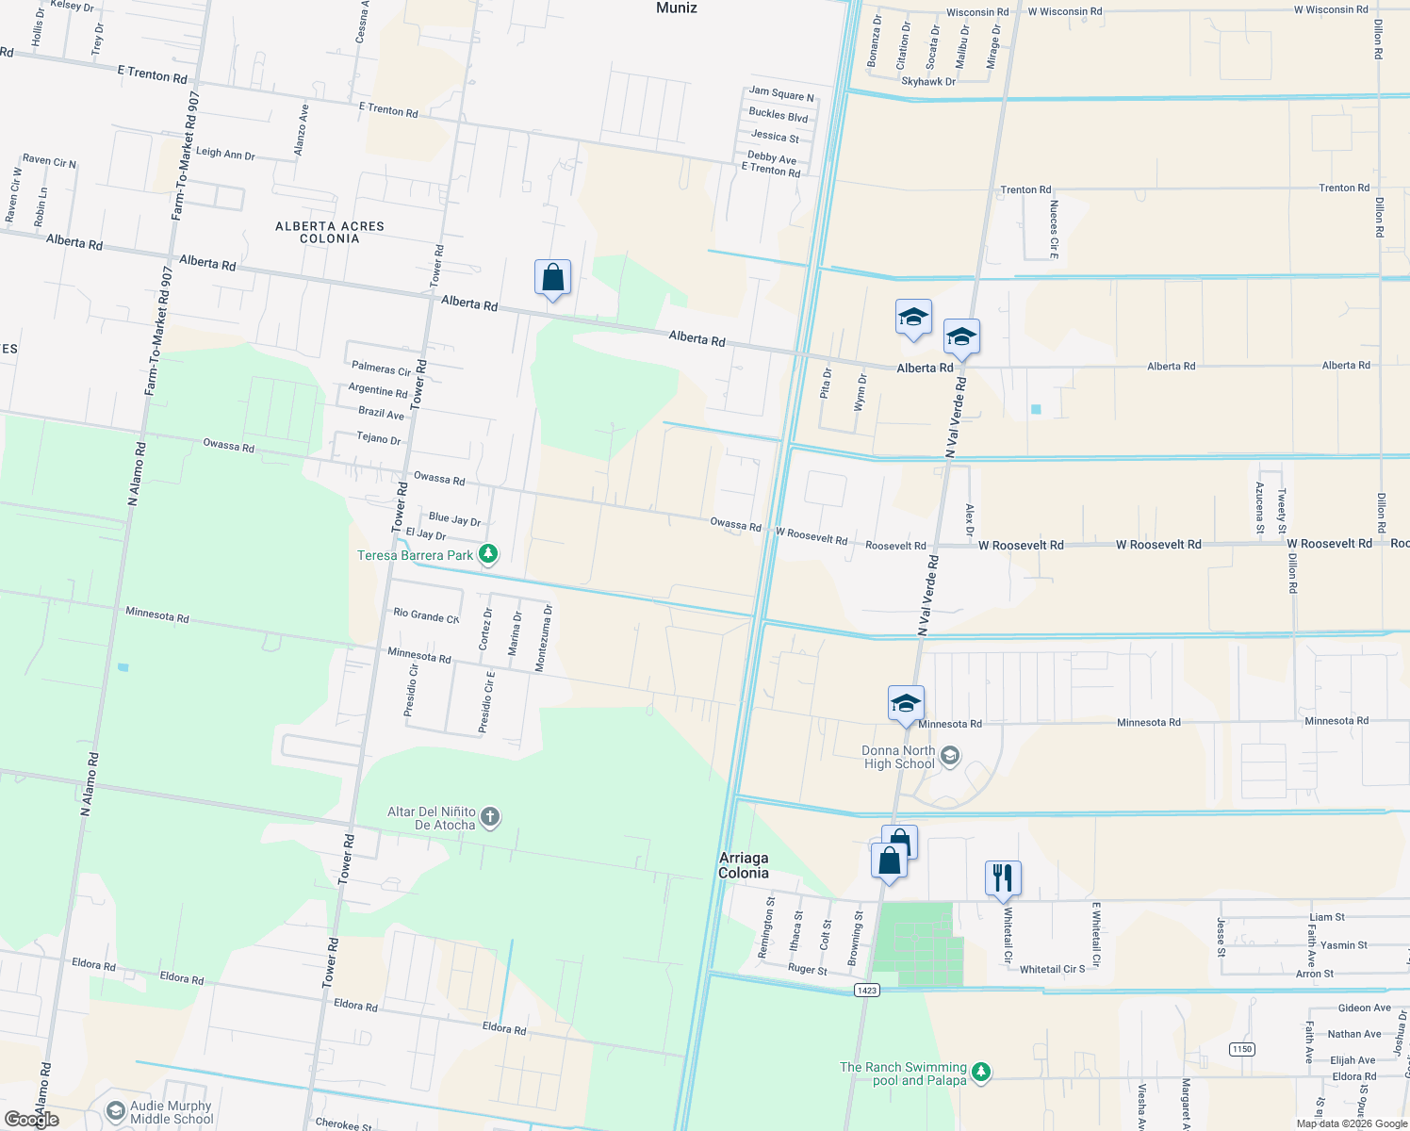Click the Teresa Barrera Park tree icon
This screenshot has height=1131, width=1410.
pyautogui.click(x=488, y=554)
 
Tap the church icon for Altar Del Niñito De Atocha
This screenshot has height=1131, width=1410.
pyautogui.click(x=490, y=817)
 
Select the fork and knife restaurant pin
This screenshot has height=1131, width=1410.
pyautogui.click(x=1003, y=878)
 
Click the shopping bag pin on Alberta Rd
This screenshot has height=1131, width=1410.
pyautogui.click(x=552, y=278)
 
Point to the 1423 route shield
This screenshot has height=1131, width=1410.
pyautogui.click(x=867, y=990)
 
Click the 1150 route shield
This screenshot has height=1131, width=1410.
pyautogui.click(x=1242, y=1049)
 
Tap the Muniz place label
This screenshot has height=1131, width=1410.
pyautogui.click(x=677, y=8)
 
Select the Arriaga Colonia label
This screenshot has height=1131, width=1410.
pyautogui.click(x=744, y=865)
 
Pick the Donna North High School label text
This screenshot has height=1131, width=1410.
pyautogui.click(x=898, y=757)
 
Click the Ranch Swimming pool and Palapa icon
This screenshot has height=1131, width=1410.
pyautogui.click(x=981, y=1073)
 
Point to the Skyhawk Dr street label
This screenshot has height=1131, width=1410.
pyautogui.click(x=928, y=82)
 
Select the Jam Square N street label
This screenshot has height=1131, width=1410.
pyautogui.click(x=781, y=94)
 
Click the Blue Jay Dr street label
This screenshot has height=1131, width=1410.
pyautogui.click(x=454, y=519)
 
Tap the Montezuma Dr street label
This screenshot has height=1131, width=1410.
pyautogui.click(x=544, y=639)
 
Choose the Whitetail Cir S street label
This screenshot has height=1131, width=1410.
pyautogui.click(x=1052, y=969)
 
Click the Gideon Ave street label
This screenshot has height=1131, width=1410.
pyautogui.click(x=1364, y=1008)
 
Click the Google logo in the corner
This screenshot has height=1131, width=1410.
pyautogui.click(x=32, y=1119)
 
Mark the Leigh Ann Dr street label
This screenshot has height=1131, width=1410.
pyautogui.click(x=224, y=153)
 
